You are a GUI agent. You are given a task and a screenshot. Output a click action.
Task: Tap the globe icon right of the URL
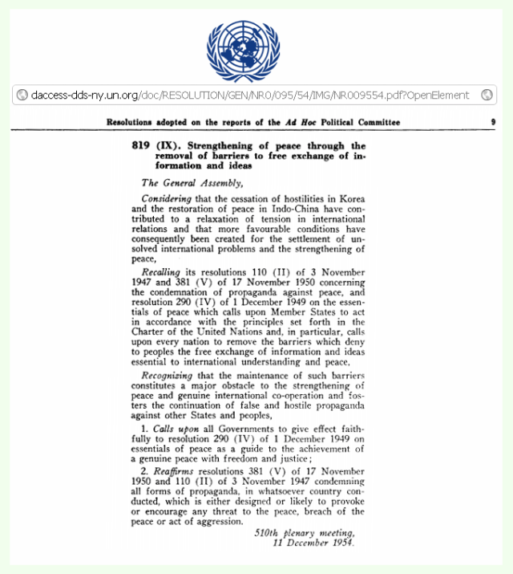pos(487,95)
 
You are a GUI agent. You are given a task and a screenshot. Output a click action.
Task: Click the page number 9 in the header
pos(492,123)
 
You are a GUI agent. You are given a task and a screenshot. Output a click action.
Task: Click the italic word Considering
pos(167,197)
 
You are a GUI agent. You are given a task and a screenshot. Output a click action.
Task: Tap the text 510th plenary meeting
pos(304,532)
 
